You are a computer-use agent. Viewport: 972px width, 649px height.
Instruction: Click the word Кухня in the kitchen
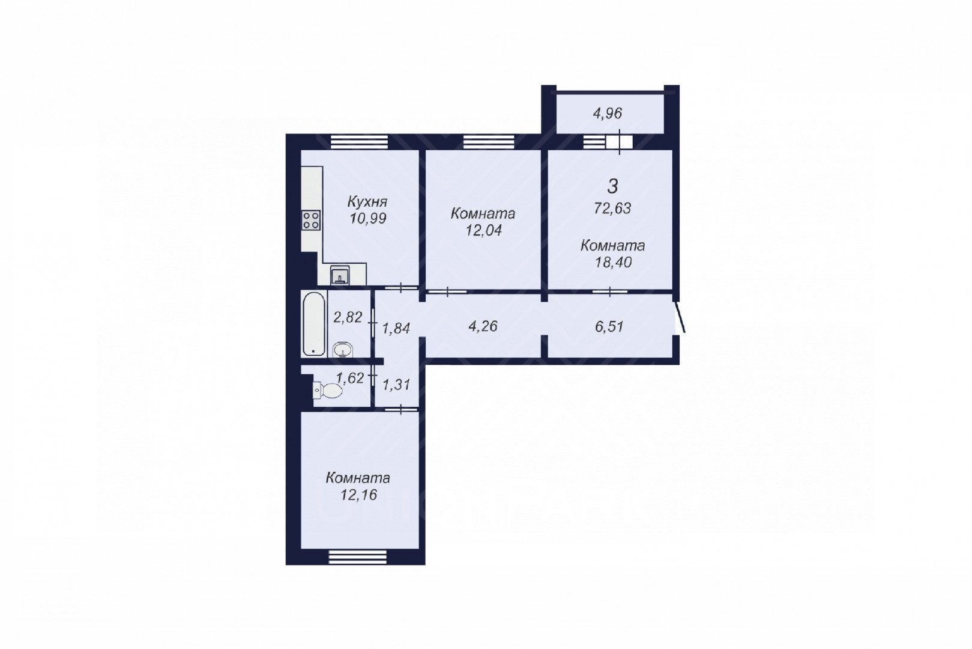coord(367,202)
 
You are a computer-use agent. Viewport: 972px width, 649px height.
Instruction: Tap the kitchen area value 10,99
coord(368,218)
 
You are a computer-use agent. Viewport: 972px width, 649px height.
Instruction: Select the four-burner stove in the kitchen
coord(312,221)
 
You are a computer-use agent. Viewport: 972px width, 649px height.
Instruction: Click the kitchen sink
coord(340,275)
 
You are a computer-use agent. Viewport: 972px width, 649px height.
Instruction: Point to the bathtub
coord(314,324)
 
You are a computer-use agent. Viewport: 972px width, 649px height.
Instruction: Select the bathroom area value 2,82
coord(347,317)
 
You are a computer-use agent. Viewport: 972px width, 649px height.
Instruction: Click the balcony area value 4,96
coord(608,114)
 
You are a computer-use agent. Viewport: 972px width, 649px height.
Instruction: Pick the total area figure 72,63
coord(612,209)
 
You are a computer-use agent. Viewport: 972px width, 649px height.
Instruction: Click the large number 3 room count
coord(612,186)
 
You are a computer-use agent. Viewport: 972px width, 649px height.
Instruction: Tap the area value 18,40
coord(613,263)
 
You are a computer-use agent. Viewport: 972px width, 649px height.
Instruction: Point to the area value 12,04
coord(483,230)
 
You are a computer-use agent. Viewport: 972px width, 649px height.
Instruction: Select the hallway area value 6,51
coord(609,326)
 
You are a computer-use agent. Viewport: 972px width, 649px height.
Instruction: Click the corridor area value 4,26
coord(483,326)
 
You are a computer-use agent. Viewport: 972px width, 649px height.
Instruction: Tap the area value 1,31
coord(396,385)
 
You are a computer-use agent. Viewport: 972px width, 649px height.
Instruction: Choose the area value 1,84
coord(396,329)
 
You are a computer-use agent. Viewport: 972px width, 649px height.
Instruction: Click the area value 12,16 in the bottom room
coord(358,495)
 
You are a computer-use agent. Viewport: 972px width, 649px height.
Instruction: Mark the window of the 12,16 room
coord(358,557)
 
